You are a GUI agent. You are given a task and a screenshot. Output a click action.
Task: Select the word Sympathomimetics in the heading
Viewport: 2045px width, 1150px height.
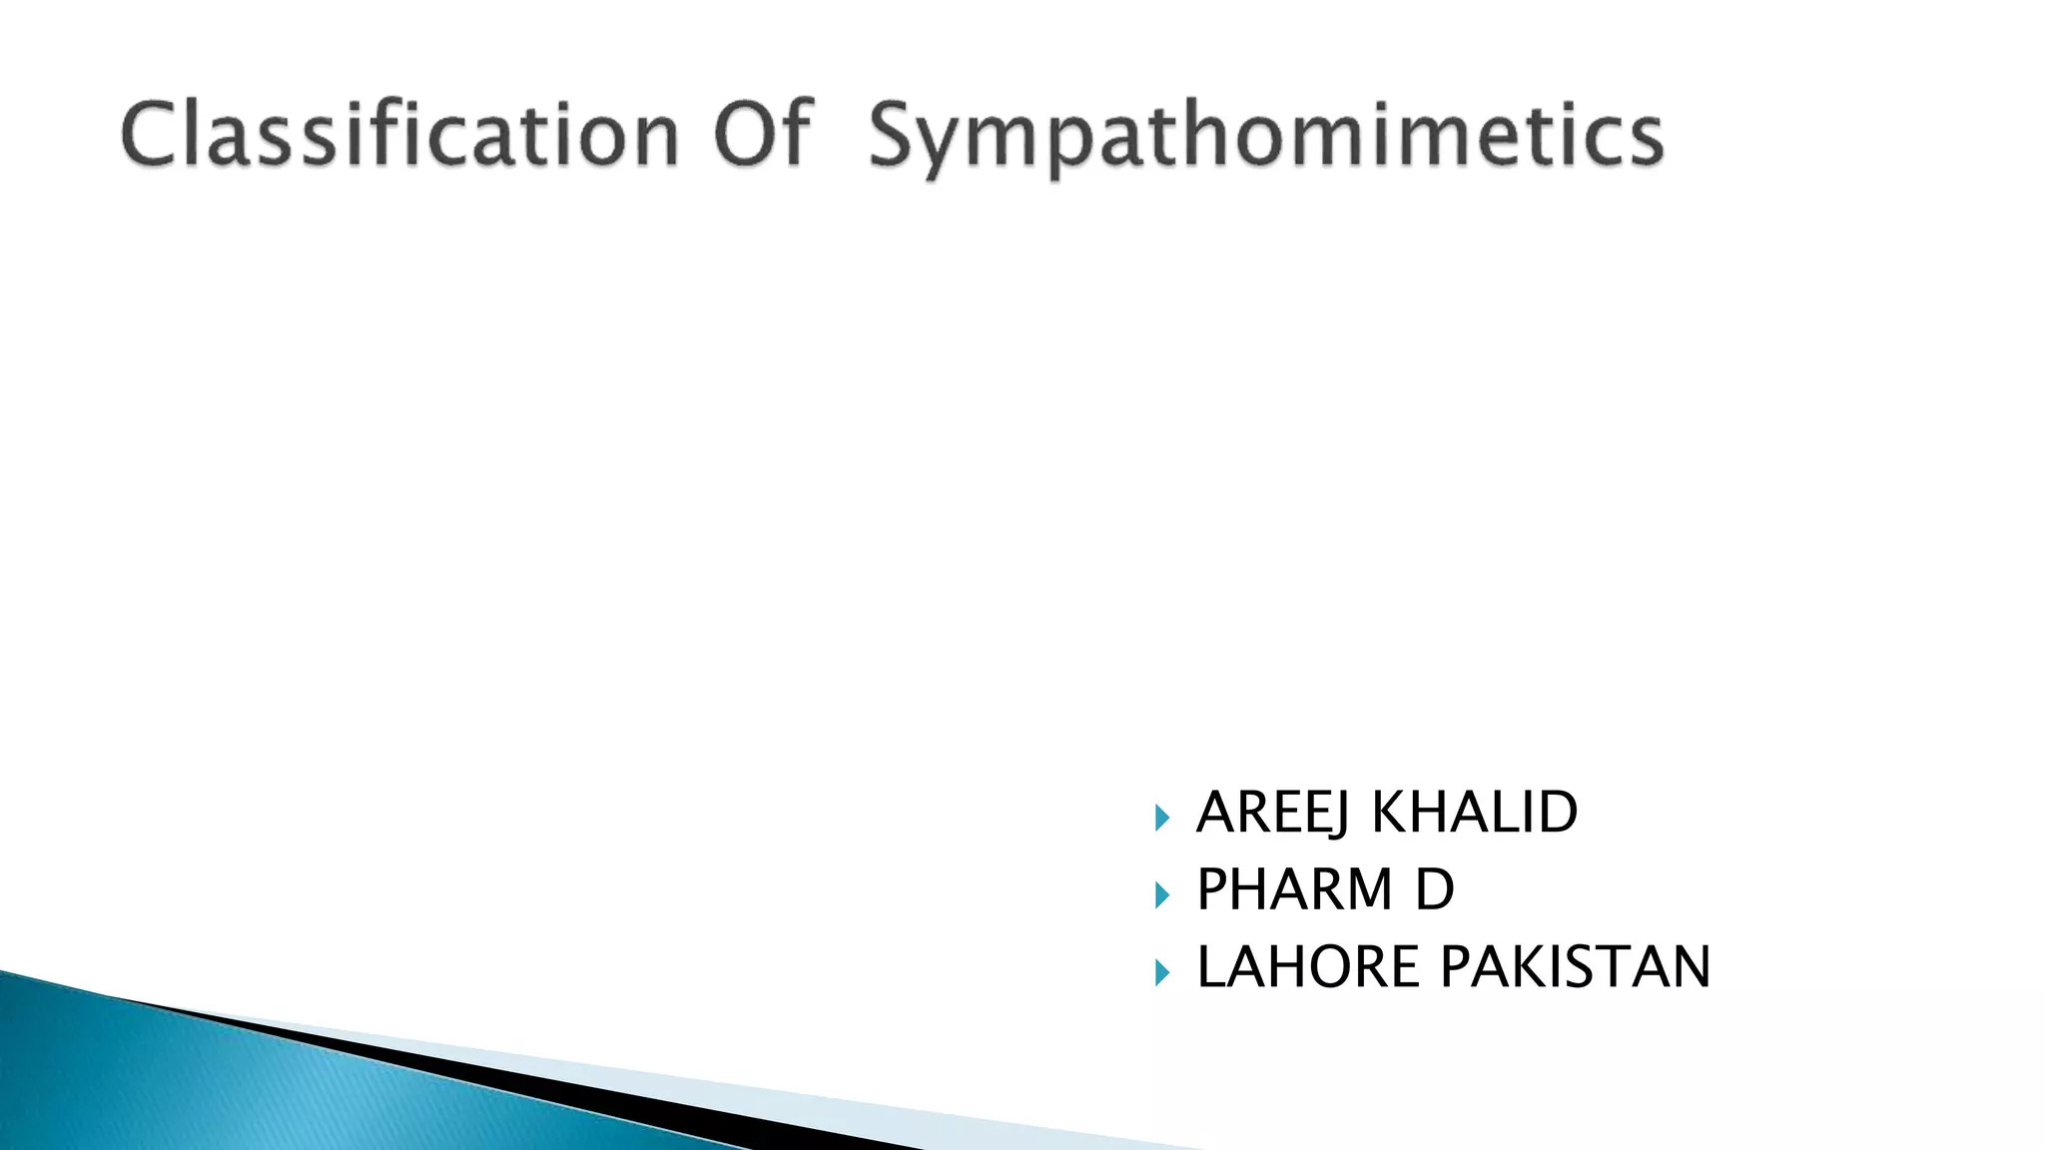[x=1265, y=136]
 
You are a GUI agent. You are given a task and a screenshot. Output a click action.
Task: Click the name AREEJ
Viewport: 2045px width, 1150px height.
[x=1272, y=812]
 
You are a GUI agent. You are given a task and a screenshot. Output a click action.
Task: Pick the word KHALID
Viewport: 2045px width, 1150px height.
[x=1474, y=812]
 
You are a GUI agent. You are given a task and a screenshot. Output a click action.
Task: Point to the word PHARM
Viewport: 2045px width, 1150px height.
[x=1294, y=888]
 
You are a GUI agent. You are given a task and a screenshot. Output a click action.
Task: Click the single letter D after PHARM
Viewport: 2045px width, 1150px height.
[x=1435, y=888]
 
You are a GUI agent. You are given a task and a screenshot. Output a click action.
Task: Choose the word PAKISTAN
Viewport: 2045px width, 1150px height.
[x=1576, y=966]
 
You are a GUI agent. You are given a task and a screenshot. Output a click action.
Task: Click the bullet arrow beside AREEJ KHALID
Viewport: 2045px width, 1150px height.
[x=1161, y=819]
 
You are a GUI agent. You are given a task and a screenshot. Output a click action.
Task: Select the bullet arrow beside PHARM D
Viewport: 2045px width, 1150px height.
[x=1161, y=895]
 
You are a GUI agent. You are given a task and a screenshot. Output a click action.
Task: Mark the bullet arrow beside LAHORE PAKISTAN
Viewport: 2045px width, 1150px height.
[x=1161, y=972]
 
